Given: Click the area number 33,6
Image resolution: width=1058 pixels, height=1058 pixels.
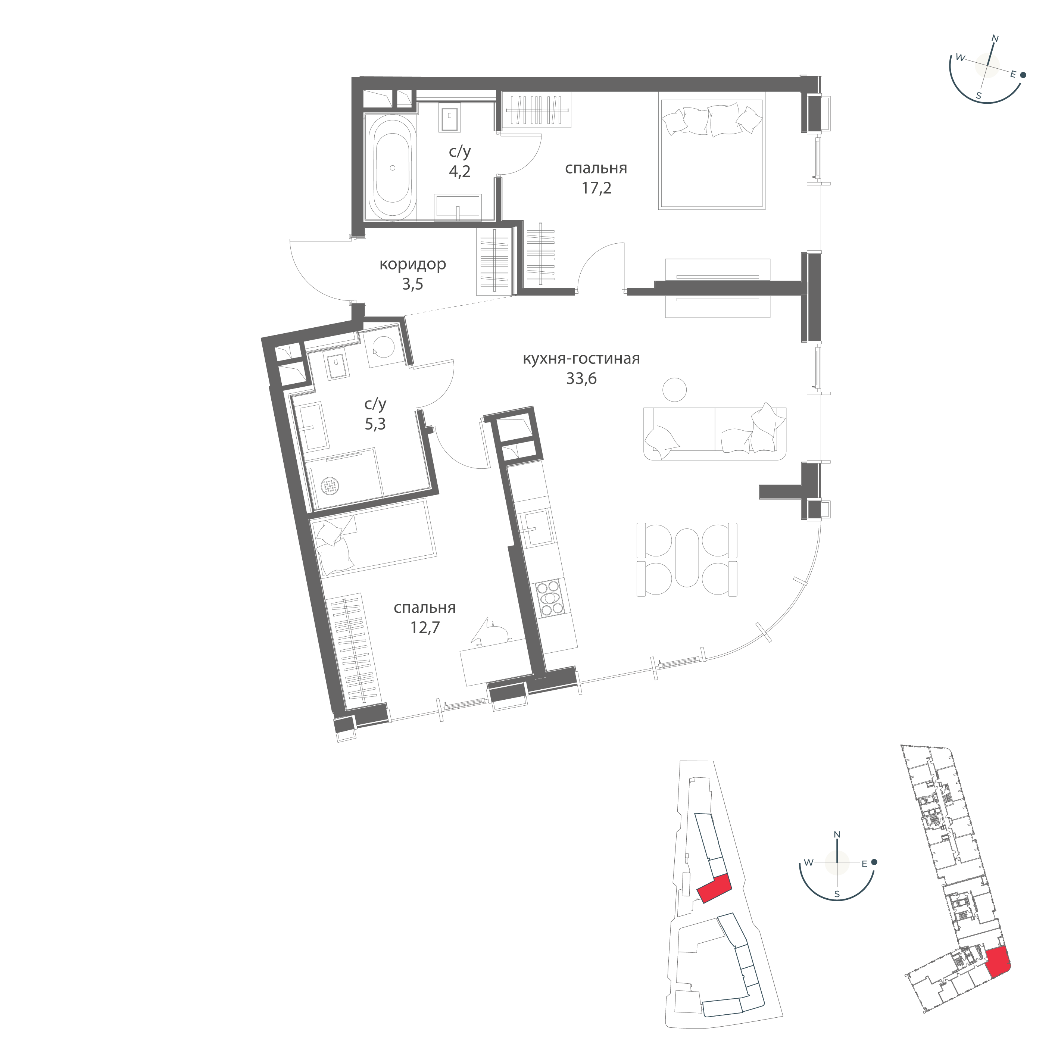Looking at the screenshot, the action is [x=581, y=378].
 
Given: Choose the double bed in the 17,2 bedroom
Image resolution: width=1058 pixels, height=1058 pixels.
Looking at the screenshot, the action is [x=712, y=154].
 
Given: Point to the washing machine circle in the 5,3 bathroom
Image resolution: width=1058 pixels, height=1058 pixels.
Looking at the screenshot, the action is [x=383, y=347].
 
